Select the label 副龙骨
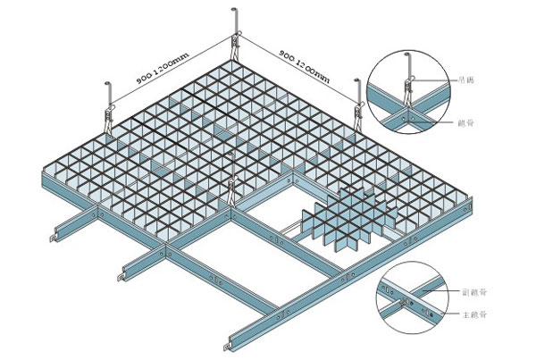coord(471,291)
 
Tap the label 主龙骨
coord(471,315)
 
